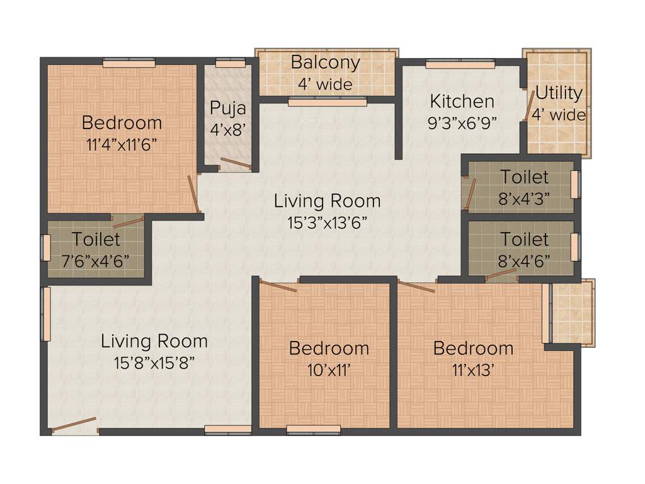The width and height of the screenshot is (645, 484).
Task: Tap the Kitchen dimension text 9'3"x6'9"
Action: [x=462, y=122]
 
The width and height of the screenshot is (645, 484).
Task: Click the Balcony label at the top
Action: [x=326, y=63]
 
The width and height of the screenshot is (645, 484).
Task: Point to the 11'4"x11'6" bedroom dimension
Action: [x=122, y=144]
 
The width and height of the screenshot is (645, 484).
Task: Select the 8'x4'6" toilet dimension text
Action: [x=524, y=260]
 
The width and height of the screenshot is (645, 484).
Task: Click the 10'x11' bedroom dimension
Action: [x=328, y=370]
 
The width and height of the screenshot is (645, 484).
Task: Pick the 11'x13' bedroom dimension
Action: [x=473, y=370]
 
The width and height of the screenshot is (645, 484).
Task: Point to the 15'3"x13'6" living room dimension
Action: [x=328, y=222]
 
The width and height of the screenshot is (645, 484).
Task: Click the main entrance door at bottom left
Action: [x=74, y=425]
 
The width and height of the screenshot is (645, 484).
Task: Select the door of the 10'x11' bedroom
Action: [x=278, y=287]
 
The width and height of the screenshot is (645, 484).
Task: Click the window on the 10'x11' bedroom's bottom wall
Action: [x=313, y=430]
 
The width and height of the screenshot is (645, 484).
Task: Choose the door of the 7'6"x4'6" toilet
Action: [x=128, y=221]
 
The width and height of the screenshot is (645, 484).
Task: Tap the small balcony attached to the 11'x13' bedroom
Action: [x=572, y=312]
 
